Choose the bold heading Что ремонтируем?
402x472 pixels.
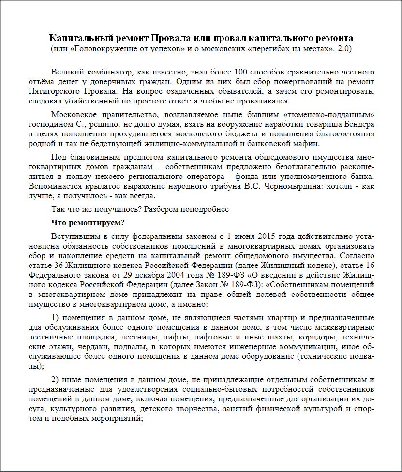88,223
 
